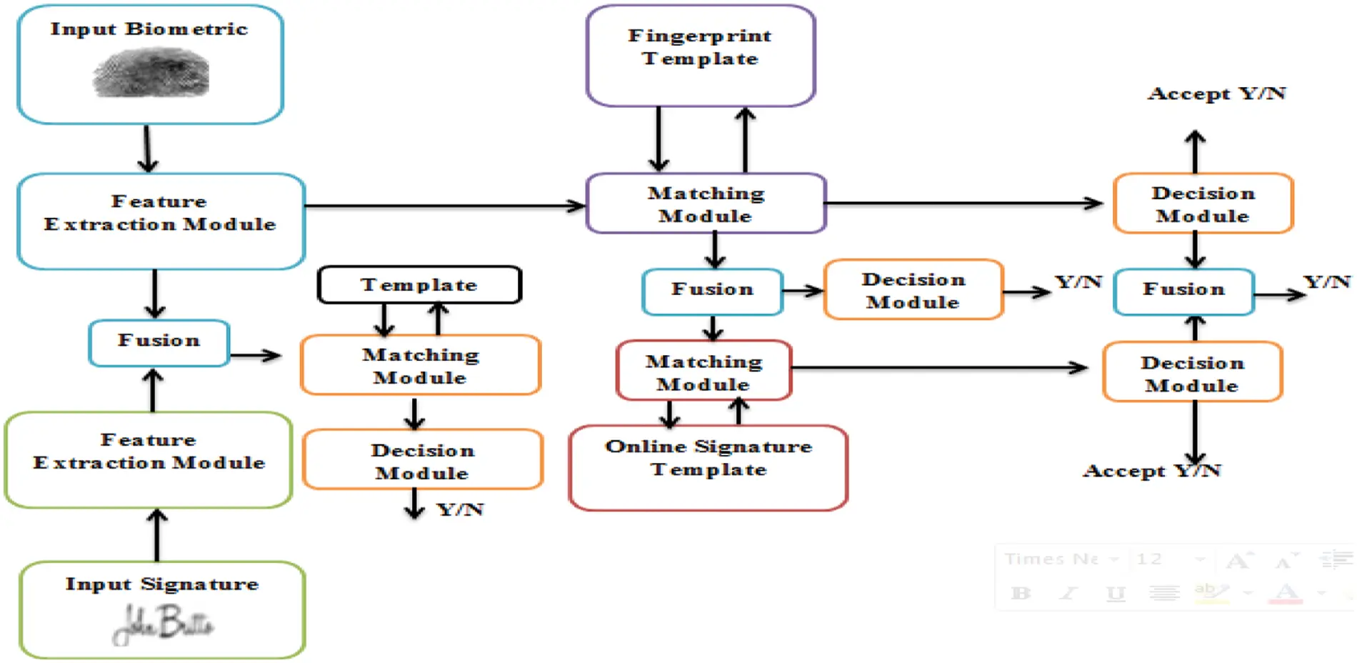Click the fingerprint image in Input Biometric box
point(151,73)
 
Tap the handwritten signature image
point(163,624)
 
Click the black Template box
point(419,284)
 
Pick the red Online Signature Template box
point(708,468)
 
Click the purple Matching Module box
point(706,204)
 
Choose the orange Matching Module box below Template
point(420,365)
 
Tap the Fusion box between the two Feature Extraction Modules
point(159,342)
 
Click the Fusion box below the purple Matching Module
point(712,291)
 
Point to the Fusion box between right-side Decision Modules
point(1183,291)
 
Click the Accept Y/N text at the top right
point(1216,94)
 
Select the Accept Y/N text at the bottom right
point(1151,471)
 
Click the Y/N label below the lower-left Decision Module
point(461,509)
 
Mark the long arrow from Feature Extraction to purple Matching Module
point(443,206)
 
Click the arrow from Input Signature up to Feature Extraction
point(157,534)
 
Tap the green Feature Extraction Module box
point(149,459)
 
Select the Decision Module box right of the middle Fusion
point(913,290)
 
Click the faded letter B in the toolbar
point(1021,592)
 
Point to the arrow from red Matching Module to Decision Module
point(939,368)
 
